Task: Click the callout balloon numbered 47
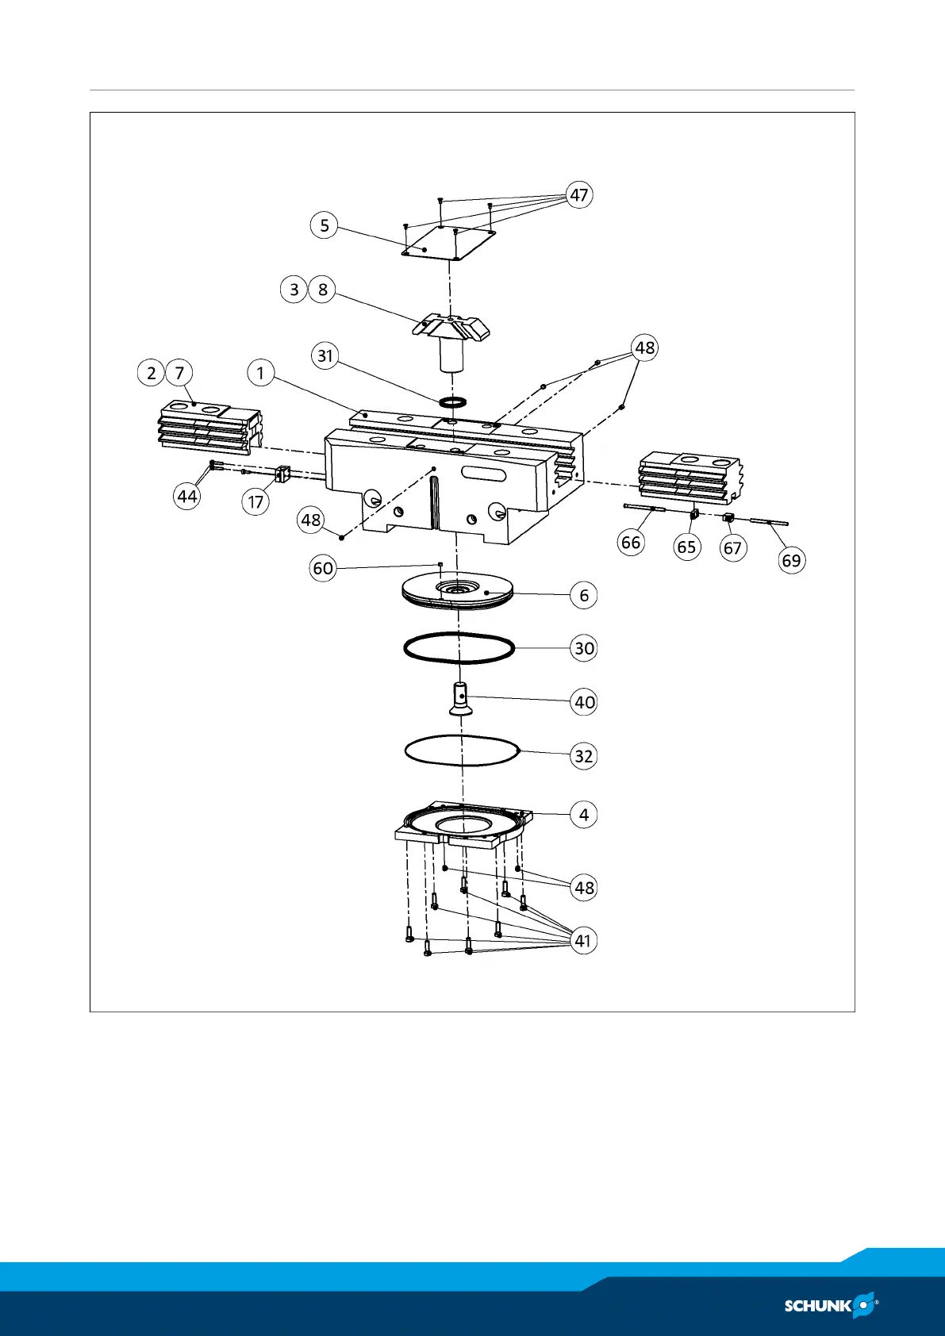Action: (x=579, y=195)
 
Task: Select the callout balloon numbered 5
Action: (x=324, y=225)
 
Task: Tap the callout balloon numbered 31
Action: (x=325, y=355)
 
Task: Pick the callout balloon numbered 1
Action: (x=260, y=372)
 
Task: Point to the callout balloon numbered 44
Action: (x=187, y=497)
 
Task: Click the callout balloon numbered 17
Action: (x=255, y=502)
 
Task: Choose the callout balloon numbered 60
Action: (x=323, y=569)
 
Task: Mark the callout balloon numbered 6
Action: (x=584, y=595)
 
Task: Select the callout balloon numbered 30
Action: (x=584, y=648)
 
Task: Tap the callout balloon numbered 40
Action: (x=584, y=702)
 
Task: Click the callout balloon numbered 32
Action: (x=584, y=756)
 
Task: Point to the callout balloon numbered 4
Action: (x=584, y=815)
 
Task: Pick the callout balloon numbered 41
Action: (x=583, y=941)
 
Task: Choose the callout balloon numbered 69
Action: (x=791, y=561)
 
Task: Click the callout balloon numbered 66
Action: (x=631, y=543)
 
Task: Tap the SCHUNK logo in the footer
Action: (x=830, y=1305)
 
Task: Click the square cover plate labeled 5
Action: (x=448, y=243)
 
